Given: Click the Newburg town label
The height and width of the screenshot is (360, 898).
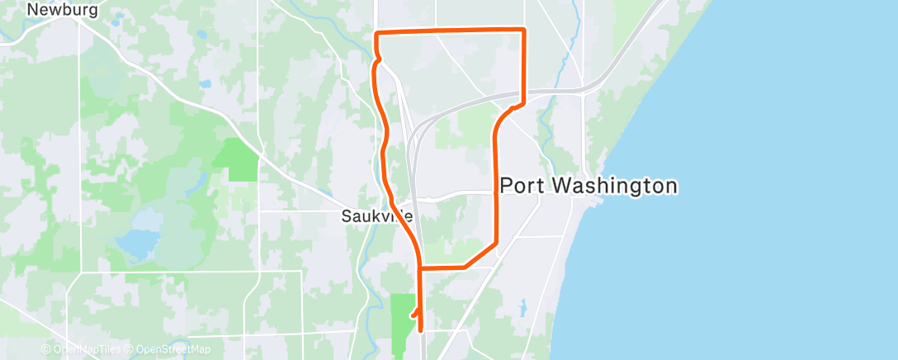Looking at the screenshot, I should point(63,11).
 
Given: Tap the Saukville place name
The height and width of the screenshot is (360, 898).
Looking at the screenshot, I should point(376,216).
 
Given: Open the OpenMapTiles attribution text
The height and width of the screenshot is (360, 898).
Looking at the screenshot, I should point(86,350).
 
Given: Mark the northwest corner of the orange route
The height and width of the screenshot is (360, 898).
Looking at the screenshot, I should point(376,33).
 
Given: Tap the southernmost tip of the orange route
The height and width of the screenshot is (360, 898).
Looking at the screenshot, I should point(421,329).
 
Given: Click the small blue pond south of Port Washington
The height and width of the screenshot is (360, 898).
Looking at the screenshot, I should point(522,310).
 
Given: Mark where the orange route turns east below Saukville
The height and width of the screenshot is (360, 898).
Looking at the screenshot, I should point(421,268).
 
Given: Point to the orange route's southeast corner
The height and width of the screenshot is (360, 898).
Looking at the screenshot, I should point(495,244).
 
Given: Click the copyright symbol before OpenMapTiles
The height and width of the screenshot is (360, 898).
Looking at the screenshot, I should point(46,350).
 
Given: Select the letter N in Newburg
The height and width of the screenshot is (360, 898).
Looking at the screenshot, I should point(33,11).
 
